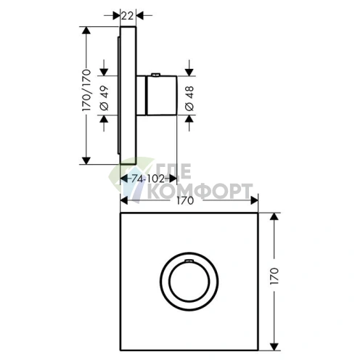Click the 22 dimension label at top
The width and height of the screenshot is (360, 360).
tap(127, 16)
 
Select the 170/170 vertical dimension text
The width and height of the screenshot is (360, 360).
tap(86, 90)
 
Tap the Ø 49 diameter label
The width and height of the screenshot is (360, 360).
tap(105, 98)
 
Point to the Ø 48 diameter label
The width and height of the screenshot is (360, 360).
tap(190, 98)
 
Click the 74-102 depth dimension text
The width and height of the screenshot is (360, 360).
tap(148, 179)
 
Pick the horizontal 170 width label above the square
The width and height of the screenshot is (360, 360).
tap(185, 200)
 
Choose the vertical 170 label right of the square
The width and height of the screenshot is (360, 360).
tap(274, 276)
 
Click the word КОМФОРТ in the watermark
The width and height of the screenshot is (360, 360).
tap(200, 191)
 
